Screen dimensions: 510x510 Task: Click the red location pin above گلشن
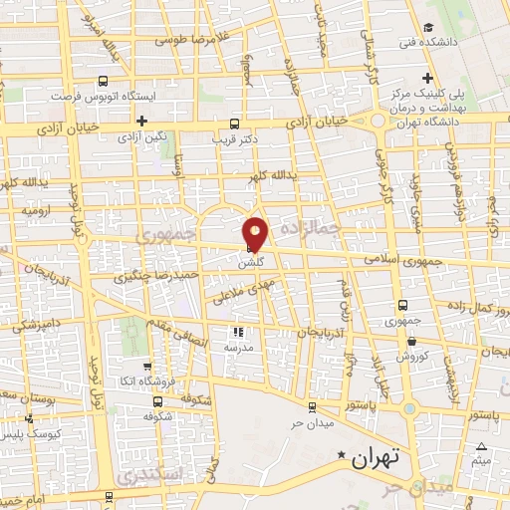pyautogui.click(x=256, y=233)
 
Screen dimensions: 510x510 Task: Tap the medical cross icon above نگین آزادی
pyautogui.click(x=142, y=121)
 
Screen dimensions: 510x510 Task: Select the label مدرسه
pyautogui.click(x=239, y=349)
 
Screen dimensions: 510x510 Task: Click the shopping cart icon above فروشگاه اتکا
pyautogui.click(x=147, y=367)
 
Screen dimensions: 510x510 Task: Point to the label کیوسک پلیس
pyautogui.click(x=31, y=435)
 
